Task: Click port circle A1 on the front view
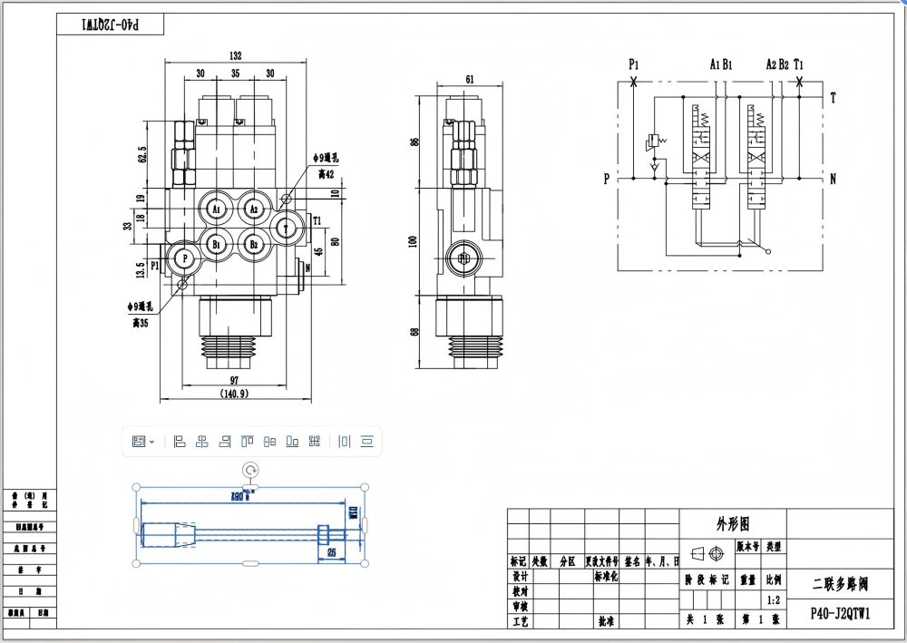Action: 216,209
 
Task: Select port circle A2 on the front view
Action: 254,209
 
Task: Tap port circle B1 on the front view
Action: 216,244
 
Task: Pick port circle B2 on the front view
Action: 254,244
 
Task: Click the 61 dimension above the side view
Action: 469,80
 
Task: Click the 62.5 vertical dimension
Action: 142,156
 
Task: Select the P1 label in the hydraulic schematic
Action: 634,63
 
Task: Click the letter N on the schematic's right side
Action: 833,179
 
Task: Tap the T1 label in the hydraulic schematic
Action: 799,63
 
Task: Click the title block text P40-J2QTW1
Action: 840,612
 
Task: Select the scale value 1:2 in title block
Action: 774,599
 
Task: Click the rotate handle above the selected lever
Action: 251,469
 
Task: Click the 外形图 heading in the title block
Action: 733,524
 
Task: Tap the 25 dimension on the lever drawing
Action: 331,551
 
